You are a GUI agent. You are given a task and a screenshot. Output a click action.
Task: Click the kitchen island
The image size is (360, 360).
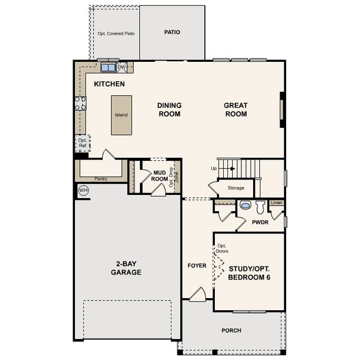click(x=121, y=115)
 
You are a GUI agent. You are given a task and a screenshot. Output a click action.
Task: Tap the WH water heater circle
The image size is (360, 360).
click(x=83, y=190)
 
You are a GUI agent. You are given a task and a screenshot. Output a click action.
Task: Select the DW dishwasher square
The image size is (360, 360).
click(x=122, y=67)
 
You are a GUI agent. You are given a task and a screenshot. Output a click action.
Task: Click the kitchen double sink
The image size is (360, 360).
click(x=108, y=67)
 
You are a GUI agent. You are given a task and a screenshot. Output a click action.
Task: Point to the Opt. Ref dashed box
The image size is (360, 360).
click(x=83, y=143)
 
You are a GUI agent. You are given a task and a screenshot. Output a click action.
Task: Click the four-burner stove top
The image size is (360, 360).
click(x=80, y=103)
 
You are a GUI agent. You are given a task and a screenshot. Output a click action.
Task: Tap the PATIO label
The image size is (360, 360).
click(x=172, y=32)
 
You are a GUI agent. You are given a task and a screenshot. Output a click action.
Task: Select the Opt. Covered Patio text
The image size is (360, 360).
click(x=116, y=34)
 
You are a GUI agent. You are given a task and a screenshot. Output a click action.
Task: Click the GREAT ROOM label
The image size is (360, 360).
click(x=236, y=110)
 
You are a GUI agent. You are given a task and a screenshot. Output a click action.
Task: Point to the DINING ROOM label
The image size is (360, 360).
click(x=169, y=110)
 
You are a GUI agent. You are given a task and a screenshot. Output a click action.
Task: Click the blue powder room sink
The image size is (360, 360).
click(x=245, y=205)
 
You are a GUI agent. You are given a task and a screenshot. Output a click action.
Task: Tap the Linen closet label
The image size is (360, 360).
click(x=277, y=203)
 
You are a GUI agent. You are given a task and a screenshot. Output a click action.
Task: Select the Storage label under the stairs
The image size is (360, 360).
click(x=236, y=188)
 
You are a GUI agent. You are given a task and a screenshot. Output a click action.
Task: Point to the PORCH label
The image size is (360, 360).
click(x=232, y=331)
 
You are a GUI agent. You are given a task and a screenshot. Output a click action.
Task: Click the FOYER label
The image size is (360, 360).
click(x=197, y=266)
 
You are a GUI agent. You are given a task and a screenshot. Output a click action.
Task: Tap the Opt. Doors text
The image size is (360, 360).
click(x=222, y=248)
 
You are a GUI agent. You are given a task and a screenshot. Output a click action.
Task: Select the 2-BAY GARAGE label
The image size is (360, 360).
click(x=126, y=268)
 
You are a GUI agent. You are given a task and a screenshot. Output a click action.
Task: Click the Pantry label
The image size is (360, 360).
click(x=101, y=179)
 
